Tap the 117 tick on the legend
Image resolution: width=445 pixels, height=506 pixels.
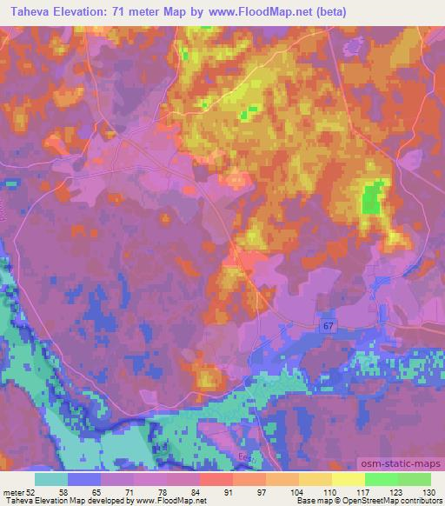point(364,491)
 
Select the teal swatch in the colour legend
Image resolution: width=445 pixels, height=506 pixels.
point(51,479)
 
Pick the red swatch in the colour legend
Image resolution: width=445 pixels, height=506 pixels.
point(216,479)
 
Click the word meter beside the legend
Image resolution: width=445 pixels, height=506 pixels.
point(14,491)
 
